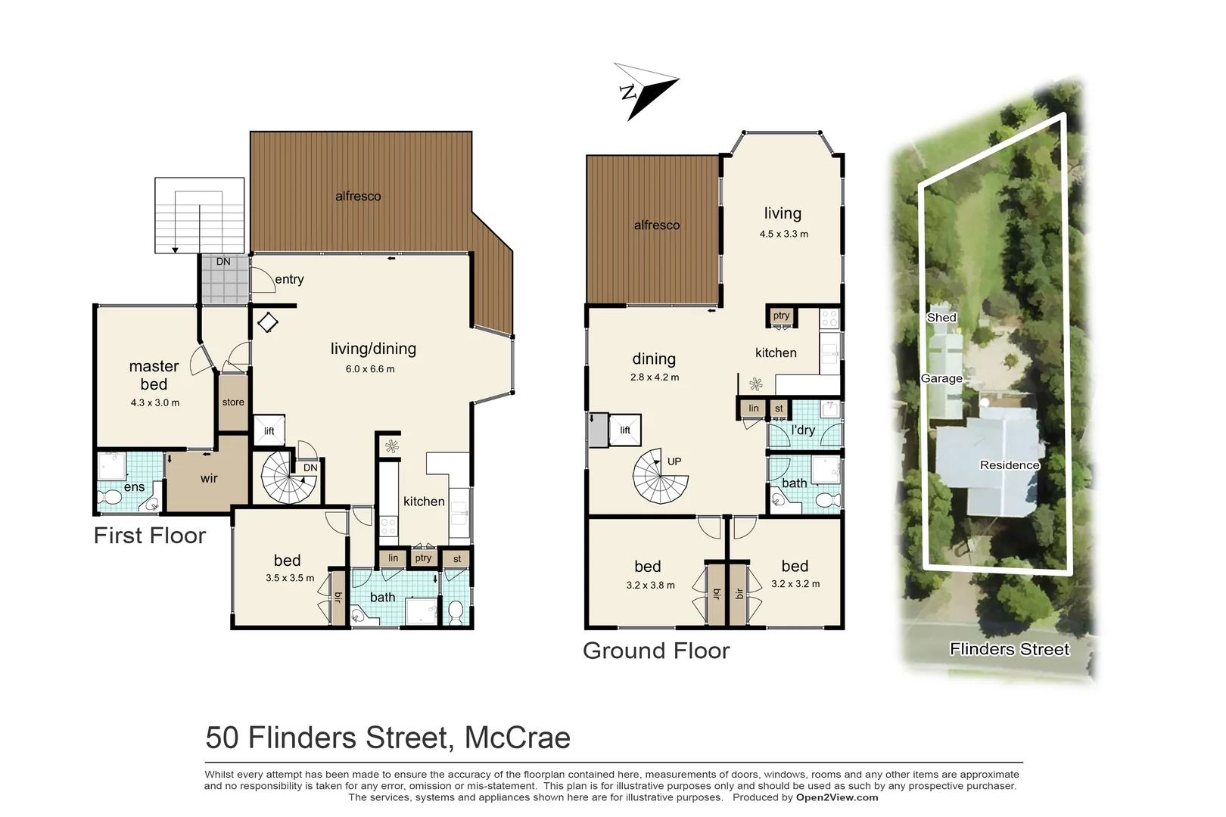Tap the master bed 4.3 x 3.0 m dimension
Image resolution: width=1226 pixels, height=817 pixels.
[154, 402]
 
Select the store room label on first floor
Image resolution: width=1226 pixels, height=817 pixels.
[233, 402]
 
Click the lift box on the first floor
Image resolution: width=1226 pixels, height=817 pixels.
[269, 430]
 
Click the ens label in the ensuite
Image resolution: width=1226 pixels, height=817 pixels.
[134, 487]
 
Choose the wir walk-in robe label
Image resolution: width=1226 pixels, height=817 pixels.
[209, 478]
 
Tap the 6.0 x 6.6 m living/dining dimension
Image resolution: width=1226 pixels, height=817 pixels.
[370, 369]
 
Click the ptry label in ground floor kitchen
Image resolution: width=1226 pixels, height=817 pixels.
[781, 315]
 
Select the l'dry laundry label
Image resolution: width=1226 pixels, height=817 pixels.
[803, 430]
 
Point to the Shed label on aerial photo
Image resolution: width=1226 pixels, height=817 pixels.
[941, 318]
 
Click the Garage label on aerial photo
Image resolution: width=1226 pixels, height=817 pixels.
[941, 378]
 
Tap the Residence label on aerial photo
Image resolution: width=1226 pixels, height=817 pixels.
[1010, 465]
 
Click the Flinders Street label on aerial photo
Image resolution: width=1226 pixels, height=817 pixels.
[1010, 649]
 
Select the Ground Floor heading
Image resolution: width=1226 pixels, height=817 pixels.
[656, 651]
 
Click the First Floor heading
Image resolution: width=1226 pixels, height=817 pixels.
[150, 536]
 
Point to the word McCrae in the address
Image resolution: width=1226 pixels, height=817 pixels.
[517, 738]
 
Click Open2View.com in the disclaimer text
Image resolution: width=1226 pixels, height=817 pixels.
[837, 797]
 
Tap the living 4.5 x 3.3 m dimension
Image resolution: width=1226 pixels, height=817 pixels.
[783, 234]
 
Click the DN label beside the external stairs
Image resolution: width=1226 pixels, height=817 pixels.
[223, 262]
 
